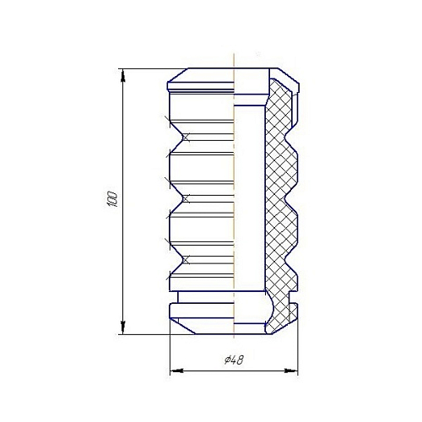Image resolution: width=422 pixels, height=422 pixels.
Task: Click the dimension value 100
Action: click(112, 199)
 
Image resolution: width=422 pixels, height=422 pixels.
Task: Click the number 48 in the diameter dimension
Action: click(238, 360)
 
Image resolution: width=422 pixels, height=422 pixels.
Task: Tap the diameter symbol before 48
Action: click(228, 360)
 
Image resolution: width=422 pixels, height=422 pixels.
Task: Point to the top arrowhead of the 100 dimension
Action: click(123, 75)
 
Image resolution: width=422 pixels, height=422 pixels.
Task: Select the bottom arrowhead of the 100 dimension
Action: click(123, 327)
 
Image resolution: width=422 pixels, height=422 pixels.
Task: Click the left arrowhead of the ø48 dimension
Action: click(177, 371)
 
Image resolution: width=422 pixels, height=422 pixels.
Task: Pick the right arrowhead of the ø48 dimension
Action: click(291, 371)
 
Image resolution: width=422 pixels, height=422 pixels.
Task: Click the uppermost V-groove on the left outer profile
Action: click(177, 138)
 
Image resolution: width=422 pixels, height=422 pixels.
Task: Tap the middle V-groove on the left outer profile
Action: click(177, 198)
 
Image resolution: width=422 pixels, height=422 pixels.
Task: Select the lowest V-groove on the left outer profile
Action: click(177, 259)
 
